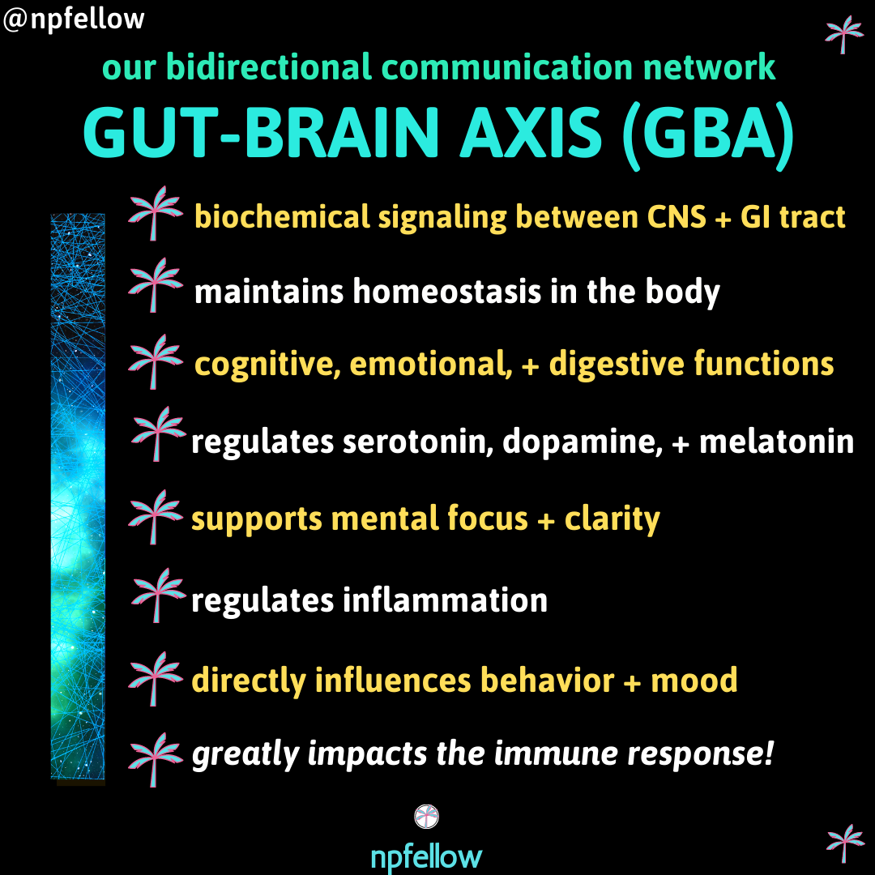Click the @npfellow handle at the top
tap(74, 19)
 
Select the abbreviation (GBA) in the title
tap(708, 136)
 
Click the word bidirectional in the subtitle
tap(269, 66)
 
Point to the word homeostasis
tap(446, 292)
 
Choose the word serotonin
tap(418, 442)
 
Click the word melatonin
tap(776, 442)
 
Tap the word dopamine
tap(582, 443)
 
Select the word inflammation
tap(445, 600)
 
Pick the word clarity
tap(612, 519)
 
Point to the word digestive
tap(617, 365)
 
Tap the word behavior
tap(547, 680)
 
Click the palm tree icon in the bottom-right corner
tap(845, 843)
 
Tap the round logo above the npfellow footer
tap(426, 817)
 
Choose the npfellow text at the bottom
tap(426, 856)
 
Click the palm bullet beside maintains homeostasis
tap(155, 284)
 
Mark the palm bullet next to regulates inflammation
tap(158, 595)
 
